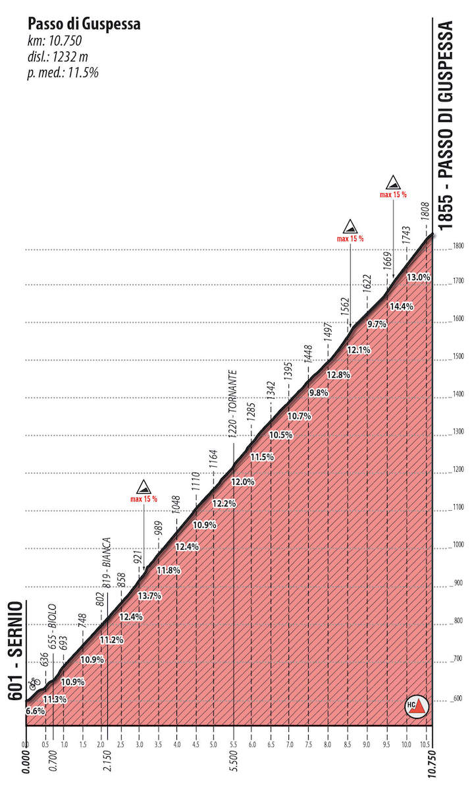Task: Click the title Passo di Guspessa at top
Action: coord(84,24)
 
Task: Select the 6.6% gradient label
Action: coord(36,711)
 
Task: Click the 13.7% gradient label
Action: coord(149,596)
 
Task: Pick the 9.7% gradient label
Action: coord(377,324)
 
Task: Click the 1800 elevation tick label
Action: coord(459,246)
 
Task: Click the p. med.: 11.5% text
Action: coord(63,73)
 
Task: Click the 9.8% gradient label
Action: coord(318,393)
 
